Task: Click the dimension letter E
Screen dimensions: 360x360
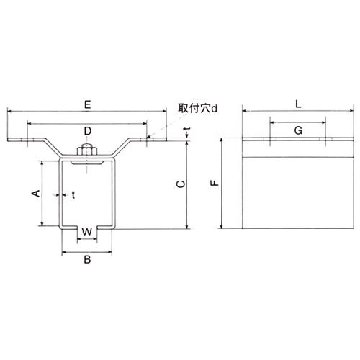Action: (x=86, y=105)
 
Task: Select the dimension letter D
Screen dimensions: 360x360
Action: (x=86, y=130)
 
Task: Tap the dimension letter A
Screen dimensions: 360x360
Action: (x=33, y=193)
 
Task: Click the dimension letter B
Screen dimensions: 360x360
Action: (x=86, y=261)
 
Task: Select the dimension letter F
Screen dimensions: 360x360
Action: (x=214, y=184)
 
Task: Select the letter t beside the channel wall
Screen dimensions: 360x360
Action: (x=73, y=194)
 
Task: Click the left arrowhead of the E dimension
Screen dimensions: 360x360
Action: (x=10, y=112)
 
